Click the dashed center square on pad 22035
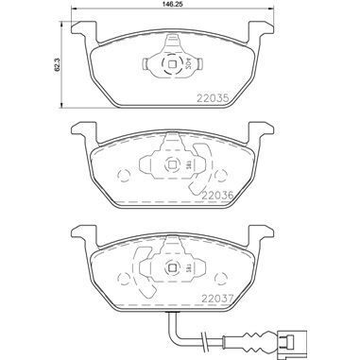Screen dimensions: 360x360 [x=170, y=66]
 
